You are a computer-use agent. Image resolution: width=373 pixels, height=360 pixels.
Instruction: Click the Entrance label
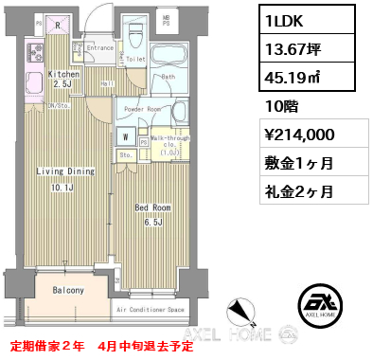(100, 46)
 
